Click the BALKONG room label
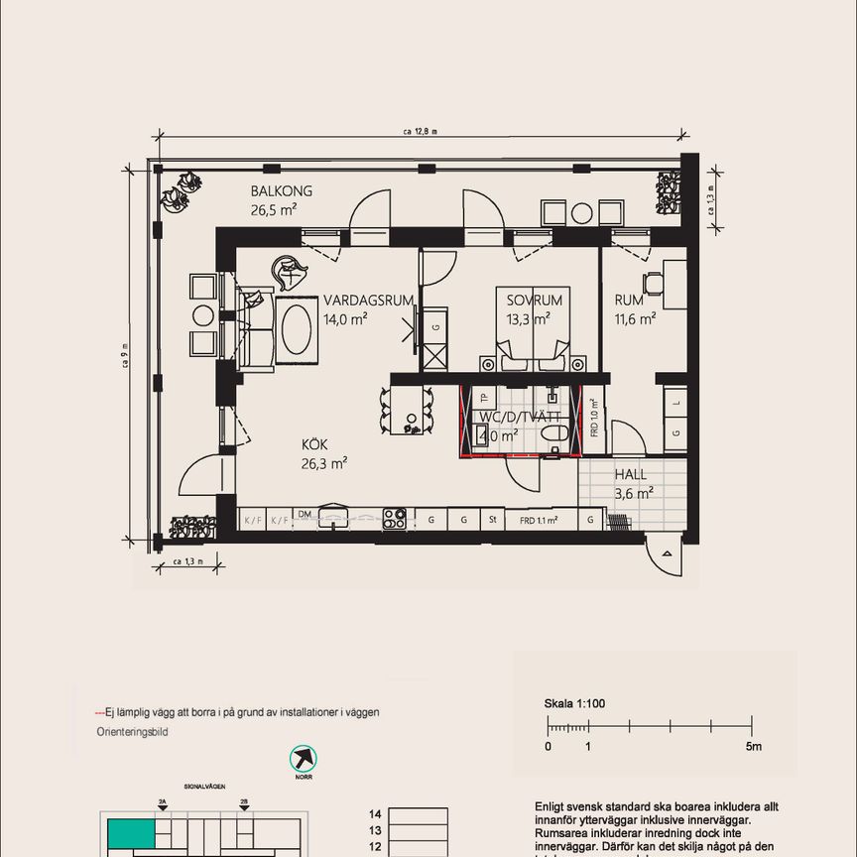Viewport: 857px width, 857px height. pyautogui.click(x=282, y=191)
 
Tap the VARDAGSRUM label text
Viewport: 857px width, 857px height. pyautogui.click(x=368, y=301)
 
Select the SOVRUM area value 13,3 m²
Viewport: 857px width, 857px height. pyautogui.click(x=530, y=318)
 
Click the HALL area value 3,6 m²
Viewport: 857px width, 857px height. pyautogui.click(x=633, y=492)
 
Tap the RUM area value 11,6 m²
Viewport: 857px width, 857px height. pyautogui.click(x=635, y=318)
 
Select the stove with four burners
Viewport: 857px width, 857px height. pyautogui.click(x=394, y=518)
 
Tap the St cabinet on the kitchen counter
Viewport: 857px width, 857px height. pyautogui.click(x=491, y=519)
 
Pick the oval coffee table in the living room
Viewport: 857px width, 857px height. pyautogui.click(x=298, y=330)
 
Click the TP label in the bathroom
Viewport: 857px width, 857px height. pyautogui.click(x=484, y=399)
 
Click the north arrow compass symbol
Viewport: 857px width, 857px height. pyautogui.click(x=303, y=760)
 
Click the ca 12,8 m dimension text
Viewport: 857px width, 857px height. pyautogui.click(x=420, y=130)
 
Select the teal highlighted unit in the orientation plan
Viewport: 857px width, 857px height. pyautogui.click(x=131, y=832)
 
